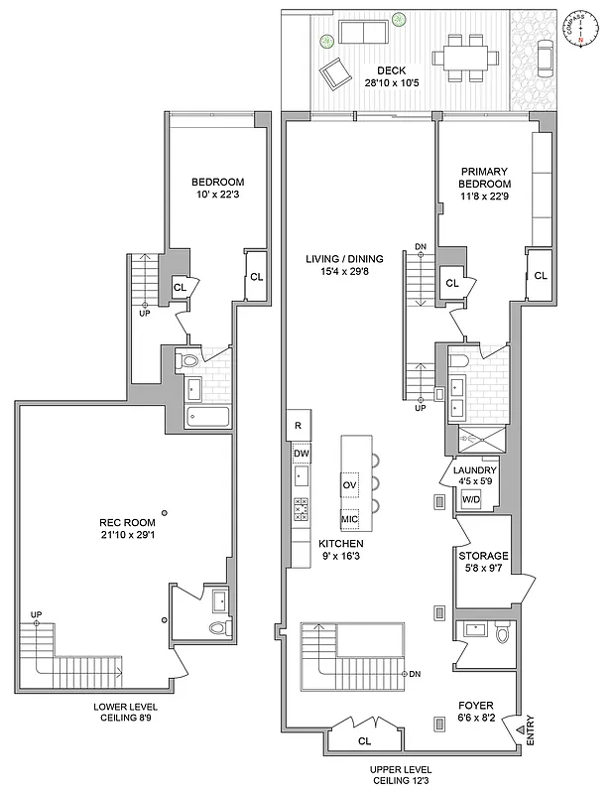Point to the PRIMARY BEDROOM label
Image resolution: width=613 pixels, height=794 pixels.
pyautogui.click(x=485, y=178)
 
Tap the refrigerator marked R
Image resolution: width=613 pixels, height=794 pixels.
pyautogui.click(x=298, y=426)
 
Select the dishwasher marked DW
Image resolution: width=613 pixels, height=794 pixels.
pyautogui.click(x=300, y=453)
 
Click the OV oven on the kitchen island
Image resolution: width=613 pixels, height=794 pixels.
pyautogui.click(x=349, y=484)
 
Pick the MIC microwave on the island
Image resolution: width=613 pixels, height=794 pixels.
pyautogui.click(x=349, y=518)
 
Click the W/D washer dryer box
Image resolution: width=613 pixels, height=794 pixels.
pyautogui.click(x=470, y=498)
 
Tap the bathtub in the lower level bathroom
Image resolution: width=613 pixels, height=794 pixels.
pyautogui.click(x=207, y=416)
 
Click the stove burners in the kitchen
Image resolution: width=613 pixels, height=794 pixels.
pyautogui.click(x=300, y=509)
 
